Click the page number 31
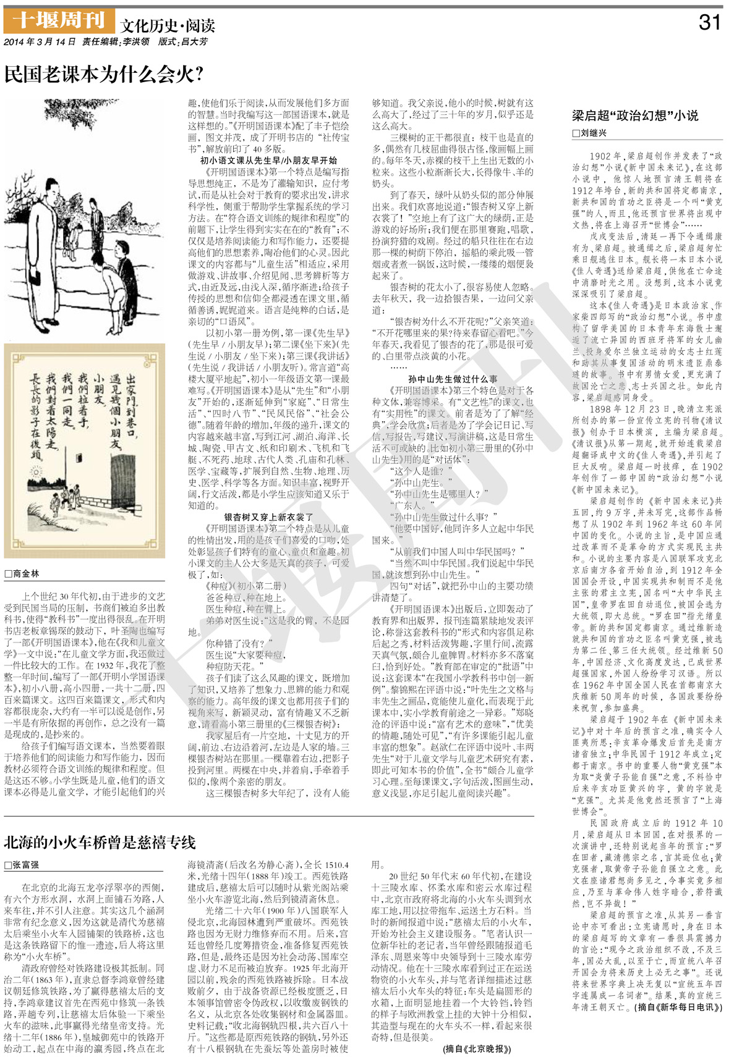[x=710, y=23]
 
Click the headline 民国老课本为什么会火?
[x=103, y=74]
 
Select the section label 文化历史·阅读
[x=168, y=25]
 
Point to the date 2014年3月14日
[x=40, y=42]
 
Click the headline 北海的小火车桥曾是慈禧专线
[x=100, y=842]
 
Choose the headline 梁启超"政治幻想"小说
[x=634, y=115]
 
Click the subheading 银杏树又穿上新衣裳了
[x=268, y=517]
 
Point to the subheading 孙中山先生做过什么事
[x=453, y=379]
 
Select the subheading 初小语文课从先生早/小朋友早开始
[x=268, y=160]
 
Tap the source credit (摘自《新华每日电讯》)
[x=678, y=1006]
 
